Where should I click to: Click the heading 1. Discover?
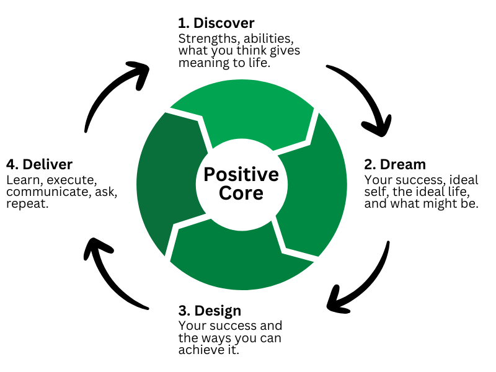click(x=216, y=24)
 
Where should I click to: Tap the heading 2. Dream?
click(x=394, y=164)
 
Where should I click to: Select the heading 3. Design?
click(x=210, y=310)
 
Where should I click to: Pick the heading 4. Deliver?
click(x=39, y=164)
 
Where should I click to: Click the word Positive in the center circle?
click(x=241, y=174)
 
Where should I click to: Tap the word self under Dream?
click(x=374, y=192)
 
